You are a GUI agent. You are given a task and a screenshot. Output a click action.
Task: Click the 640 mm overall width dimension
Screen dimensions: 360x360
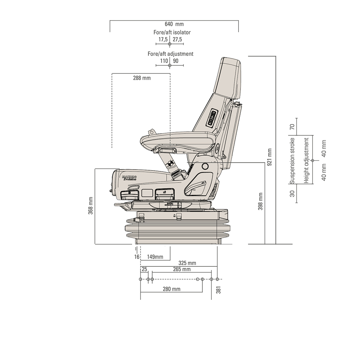[x=174, y=24]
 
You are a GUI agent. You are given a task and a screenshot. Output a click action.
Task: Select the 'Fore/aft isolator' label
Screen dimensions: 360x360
[x=172, y=32]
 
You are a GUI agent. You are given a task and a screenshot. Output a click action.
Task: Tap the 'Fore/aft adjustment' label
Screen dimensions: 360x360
[x=170, y=54]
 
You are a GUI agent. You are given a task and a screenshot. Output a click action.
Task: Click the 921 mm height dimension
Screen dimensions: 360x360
[x=269, y=157]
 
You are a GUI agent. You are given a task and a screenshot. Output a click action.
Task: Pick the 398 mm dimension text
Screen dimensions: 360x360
[x=260, y=201]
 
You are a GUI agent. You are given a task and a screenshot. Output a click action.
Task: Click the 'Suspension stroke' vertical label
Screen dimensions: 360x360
[x=292, y=161]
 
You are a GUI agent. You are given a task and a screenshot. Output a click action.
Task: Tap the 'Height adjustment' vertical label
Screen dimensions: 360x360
[x=306, y=160]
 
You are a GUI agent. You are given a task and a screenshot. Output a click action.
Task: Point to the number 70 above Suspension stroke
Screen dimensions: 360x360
[x=292, y=127]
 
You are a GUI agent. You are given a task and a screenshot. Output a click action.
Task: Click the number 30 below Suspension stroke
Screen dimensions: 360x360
[x=292, y=194]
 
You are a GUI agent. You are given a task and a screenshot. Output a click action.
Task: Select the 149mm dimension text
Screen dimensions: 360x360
[x=155, y=257]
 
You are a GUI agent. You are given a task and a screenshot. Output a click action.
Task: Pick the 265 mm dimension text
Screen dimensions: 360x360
[x=181, y=269]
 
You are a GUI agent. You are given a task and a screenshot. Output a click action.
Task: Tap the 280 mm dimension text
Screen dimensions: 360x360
[x=171, y=289]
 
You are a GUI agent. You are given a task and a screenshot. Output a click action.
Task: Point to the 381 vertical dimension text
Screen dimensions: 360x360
[x=218, y=290]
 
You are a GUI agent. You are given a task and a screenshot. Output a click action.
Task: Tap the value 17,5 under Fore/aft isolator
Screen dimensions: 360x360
[x=163, y=39]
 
